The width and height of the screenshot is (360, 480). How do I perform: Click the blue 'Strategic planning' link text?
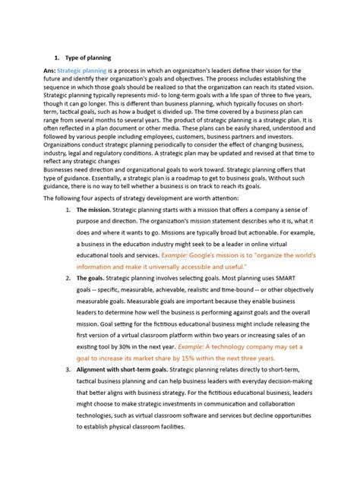[81, 71]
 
